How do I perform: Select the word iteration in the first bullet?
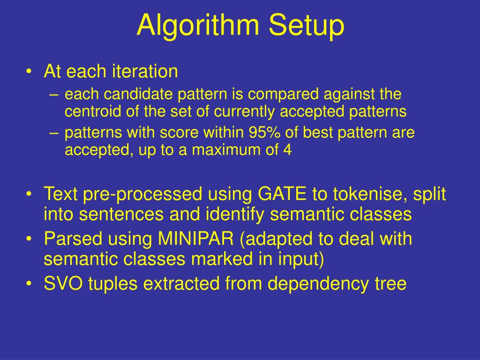145,72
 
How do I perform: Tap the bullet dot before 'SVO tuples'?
29,285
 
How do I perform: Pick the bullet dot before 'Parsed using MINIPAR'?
29,239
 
